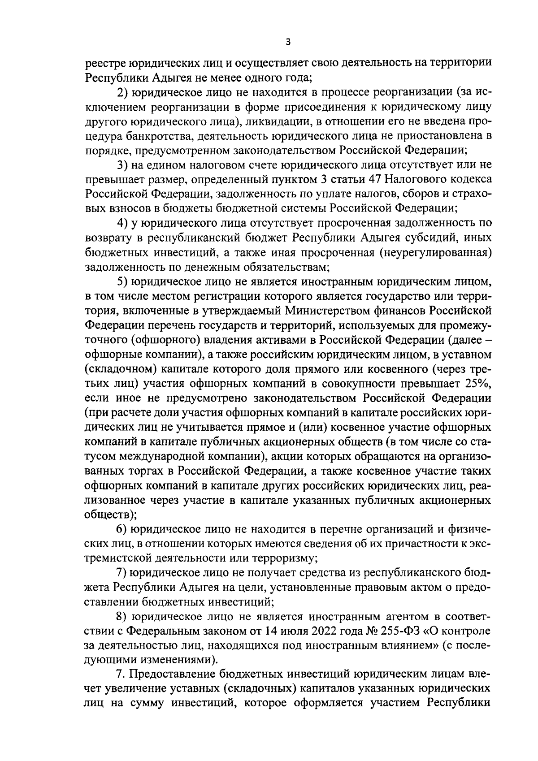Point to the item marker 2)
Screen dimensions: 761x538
coord(122,93)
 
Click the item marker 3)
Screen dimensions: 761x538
coord(122,165)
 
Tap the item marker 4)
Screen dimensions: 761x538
coord(122,223)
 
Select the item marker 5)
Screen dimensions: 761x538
coord(122,281)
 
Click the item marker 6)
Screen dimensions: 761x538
coord(122,529)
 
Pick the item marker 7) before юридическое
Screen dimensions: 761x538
coord(122,573)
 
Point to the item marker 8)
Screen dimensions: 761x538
coord(122,617)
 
